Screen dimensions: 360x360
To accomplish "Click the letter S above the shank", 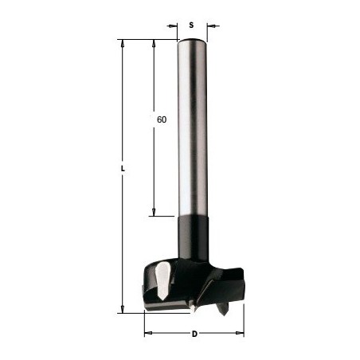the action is coord(191,25).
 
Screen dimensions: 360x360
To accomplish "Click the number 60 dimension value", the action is coord(162,119).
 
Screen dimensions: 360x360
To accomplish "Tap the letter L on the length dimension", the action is coord(123,169).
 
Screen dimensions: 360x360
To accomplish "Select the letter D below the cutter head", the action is coord(194,334).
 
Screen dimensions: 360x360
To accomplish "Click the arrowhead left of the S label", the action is coord(173,25).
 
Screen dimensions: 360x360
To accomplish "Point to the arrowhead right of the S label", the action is coord(211,25).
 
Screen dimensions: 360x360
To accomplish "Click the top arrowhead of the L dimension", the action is coord(123,44).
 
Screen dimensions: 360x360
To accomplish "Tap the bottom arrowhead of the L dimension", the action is coord(123,309).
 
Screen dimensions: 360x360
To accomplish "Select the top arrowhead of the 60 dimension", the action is coord(154,44).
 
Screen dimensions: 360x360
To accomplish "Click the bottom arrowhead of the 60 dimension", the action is coord(154,212).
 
